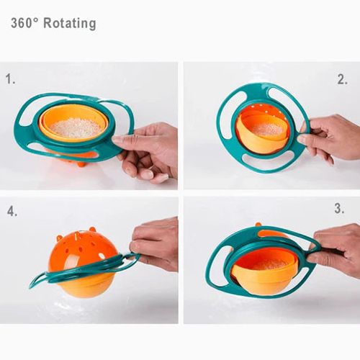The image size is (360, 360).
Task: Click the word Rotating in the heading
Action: click(x=69, y=23)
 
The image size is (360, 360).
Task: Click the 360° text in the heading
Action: click(x=24, y=23)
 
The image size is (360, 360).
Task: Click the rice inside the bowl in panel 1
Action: click(x=75, y=127)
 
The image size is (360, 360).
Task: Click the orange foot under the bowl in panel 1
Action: click(x=81, y=163)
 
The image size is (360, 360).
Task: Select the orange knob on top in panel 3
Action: click(x=258, y=225)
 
